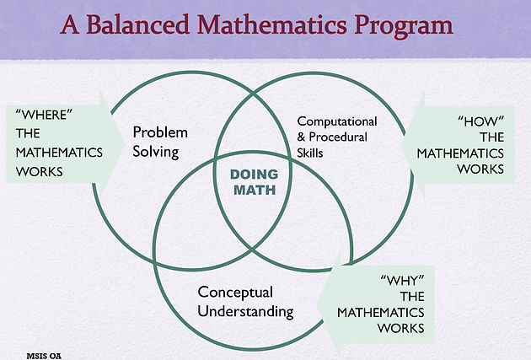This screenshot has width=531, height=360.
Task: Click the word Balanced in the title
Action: tap(137, 24)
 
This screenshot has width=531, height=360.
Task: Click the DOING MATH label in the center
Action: tap(255, 182)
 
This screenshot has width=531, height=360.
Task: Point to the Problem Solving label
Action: tap(160, 142)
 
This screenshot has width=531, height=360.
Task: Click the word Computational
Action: tap(337, 121)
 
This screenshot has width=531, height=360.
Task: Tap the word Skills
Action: tap(310, 153)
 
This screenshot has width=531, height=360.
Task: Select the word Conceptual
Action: tap(235, 293)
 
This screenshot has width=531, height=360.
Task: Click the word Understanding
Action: tap(245, 312)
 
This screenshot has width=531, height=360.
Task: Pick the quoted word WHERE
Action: tap(44, 115)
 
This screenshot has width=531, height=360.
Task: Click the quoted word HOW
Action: tap(481, 121)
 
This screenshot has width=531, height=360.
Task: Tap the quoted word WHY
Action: tap(402, 281)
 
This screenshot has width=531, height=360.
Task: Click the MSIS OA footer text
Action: tap(44, 356)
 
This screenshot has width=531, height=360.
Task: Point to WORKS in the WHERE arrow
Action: tap(40, 172)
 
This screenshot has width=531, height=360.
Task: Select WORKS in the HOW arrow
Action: tap(480, 169)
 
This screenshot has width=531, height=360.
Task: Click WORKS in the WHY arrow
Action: tap(401, 328)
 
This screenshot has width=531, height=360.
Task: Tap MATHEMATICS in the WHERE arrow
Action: tap(59, 153)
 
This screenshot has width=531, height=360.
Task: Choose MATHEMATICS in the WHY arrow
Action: tap(381, 312)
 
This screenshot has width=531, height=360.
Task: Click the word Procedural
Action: tap(338, 137)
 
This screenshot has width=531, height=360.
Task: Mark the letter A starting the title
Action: tap(70, 24)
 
